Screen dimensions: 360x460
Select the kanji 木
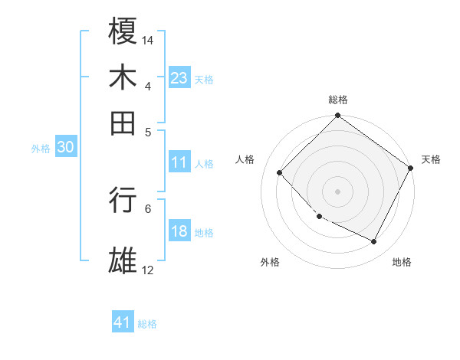(123, 77)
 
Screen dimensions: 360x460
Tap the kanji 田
(123, 123)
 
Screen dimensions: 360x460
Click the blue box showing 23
(179, 78)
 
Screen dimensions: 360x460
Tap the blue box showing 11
(179, 162)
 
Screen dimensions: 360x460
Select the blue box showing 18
(179, 232)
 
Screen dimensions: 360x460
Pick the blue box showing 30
(65, 148)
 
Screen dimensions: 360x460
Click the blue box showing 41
(123, 322)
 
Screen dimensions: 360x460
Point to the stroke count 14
(148, 40)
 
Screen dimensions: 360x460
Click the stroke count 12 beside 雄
(148, 270)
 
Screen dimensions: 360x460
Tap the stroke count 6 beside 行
(148, 208)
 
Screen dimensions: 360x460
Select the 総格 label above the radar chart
(337, 100)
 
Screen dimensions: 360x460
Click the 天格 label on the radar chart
(431, 159)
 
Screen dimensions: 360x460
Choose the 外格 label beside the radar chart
(270, 262)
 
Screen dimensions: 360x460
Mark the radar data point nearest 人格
(280, 172)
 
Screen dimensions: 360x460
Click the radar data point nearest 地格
(374, 242)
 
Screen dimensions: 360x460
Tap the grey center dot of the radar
(337, 191)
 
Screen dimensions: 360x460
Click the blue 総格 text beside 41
(147, 324)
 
